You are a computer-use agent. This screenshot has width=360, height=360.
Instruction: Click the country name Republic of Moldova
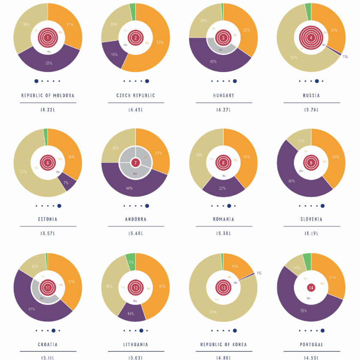48,95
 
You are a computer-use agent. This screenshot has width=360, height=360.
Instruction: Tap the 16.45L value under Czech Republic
135,110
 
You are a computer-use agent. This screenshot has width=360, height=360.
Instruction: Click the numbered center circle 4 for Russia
311,38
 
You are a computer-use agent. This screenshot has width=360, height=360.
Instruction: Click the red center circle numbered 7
135,162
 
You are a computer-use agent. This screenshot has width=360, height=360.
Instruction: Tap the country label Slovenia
312,219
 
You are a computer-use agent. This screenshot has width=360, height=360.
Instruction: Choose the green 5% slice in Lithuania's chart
130,260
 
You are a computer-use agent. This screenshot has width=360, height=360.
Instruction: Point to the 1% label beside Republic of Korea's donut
259,273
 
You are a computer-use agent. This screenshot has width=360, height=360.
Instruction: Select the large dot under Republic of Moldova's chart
36,81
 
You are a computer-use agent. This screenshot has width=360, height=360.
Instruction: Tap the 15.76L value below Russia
312,110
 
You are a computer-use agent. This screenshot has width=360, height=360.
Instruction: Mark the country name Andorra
135,219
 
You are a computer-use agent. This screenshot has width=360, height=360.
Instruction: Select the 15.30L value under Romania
223,234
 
